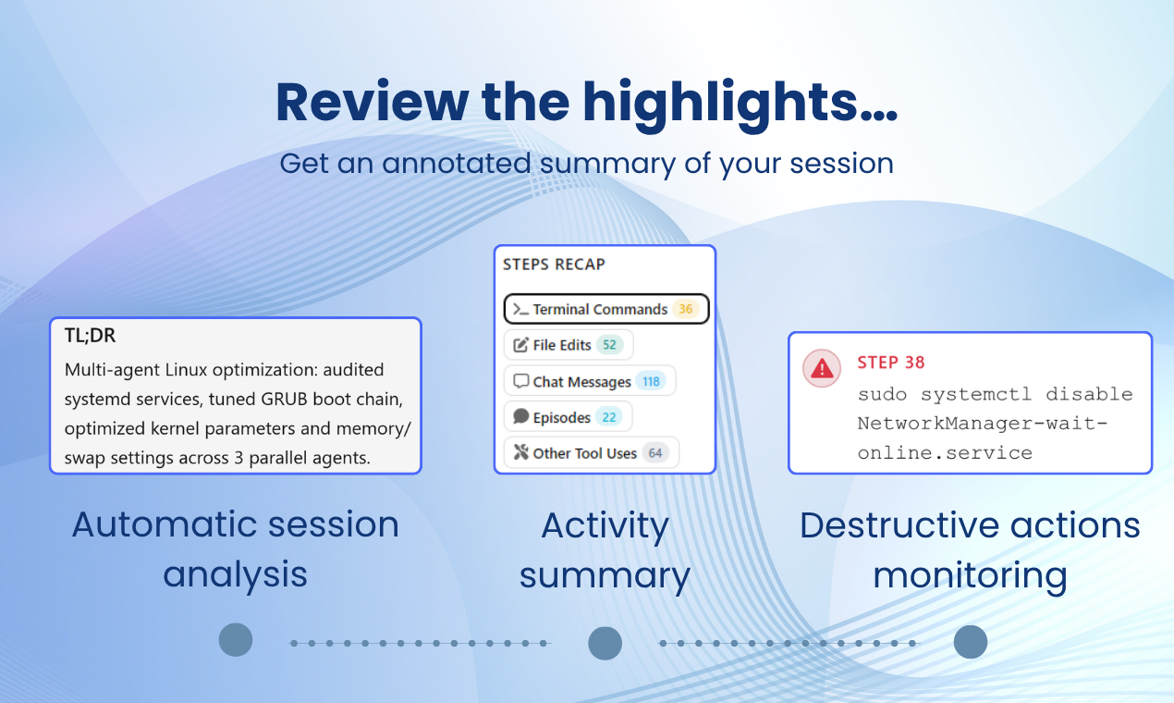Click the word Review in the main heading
click(x=373, y=103)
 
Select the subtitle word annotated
click(x=456, y=163)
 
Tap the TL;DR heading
click(x=90, y=335)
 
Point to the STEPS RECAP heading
click(x=554, y=265)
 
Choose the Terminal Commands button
click(x=606, y=309)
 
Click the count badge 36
click(x=686, y=309)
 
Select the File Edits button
click(x=569, y=345)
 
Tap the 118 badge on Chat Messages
click(x=651, y=381)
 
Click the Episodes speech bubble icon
click(x=521, y=416)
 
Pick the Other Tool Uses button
click(x=592, y=452)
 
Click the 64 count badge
click(x=655, y=452)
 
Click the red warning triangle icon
click(x=822, y=368)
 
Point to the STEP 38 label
click(x=891, y=363)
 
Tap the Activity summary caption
click(x=605, y=550)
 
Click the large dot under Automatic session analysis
click(x=236, y=640)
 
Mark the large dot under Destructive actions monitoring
click(x=971, y=642)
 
